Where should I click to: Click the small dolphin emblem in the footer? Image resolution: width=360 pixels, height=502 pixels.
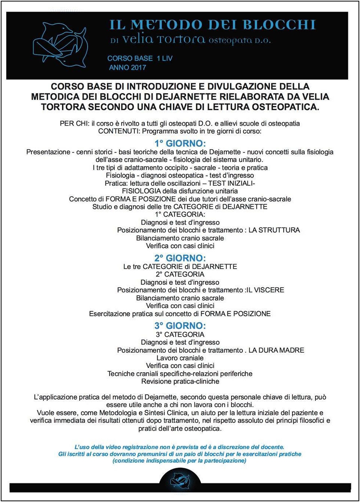coord(180,480)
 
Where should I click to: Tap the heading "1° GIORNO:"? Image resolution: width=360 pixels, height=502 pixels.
coord(180,143)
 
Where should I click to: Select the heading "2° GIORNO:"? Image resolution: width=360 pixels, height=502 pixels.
coord(180,258)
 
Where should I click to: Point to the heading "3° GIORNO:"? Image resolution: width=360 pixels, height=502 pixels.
coord(180,326)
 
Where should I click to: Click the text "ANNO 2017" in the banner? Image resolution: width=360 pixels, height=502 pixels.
coord(127,68)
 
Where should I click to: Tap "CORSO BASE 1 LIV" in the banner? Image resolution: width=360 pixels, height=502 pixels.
coord(140,59)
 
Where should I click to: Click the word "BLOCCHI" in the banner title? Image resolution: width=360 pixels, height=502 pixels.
coord(279,25)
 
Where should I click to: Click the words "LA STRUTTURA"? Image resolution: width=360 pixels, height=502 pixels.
coord(274,230)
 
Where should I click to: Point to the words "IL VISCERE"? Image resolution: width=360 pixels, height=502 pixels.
coord(265,290)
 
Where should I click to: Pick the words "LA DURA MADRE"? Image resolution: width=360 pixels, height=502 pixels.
coord(276,350)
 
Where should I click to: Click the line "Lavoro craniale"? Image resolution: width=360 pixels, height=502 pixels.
coord(180,358)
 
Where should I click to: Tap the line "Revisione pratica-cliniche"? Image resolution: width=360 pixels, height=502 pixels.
coord(180,381)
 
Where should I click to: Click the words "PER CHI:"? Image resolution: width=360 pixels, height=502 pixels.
coord(75,123)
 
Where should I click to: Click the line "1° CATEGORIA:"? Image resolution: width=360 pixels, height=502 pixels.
coord(180,214)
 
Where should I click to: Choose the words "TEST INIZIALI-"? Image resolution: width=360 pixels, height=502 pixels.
coord(231,183)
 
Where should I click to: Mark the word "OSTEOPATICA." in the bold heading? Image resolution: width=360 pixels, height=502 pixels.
coord(285,107)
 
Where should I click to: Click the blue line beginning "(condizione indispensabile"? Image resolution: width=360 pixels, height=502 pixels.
coord(179,461)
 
